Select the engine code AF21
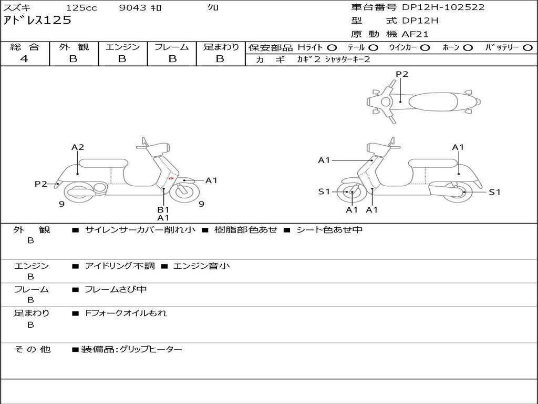415,34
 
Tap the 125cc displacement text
81,8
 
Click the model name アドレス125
37,21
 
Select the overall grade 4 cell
24,58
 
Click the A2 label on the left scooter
78,147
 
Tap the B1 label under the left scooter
163,209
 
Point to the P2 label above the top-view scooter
402,74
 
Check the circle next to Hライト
332,47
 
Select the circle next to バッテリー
527,47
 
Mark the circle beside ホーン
468,47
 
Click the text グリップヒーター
151,349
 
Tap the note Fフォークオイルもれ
126,313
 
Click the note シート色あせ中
329,230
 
